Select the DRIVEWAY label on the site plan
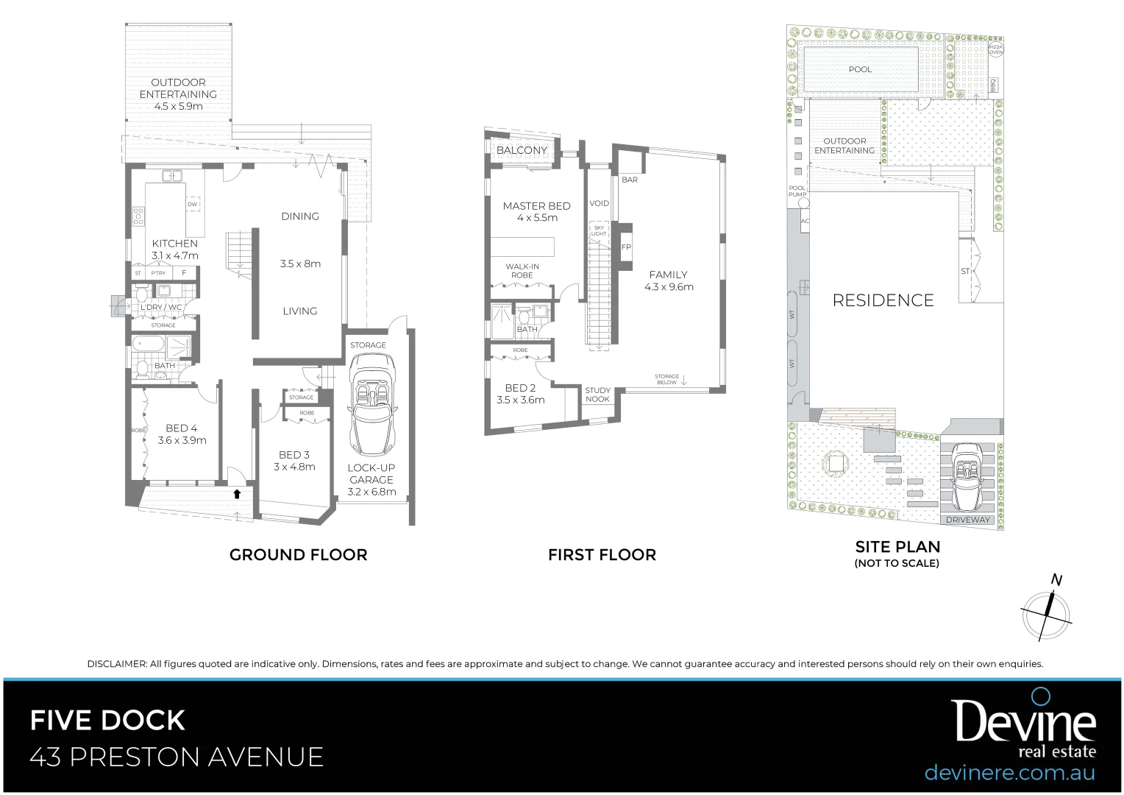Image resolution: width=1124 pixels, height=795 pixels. pos(967,520)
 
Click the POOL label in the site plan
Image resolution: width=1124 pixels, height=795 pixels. pos(860,69)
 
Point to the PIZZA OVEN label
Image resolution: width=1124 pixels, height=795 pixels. pos(995,49)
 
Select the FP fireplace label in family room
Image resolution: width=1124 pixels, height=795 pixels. pos(626,247)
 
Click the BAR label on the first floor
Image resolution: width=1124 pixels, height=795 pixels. pos(630,180)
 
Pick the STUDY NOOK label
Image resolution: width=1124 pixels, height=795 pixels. pos(597,395)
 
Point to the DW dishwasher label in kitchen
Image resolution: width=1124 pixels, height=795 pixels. pos(193,205)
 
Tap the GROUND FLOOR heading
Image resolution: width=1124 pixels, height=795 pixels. pos(298,555)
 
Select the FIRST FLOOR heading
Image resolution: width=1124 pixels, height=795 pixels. pos(602,555)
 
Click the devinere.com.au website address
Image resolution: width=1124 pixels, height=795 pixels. pos(1009,773)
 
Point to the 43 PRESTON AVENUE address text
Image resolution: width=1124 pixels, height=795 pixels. pos(177,757)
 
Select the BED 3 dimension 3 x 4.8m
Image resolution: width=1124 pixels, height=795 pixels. pos(294,467)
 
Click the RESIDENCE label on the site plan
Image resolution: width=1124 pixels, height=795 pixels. pos(883,300)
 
